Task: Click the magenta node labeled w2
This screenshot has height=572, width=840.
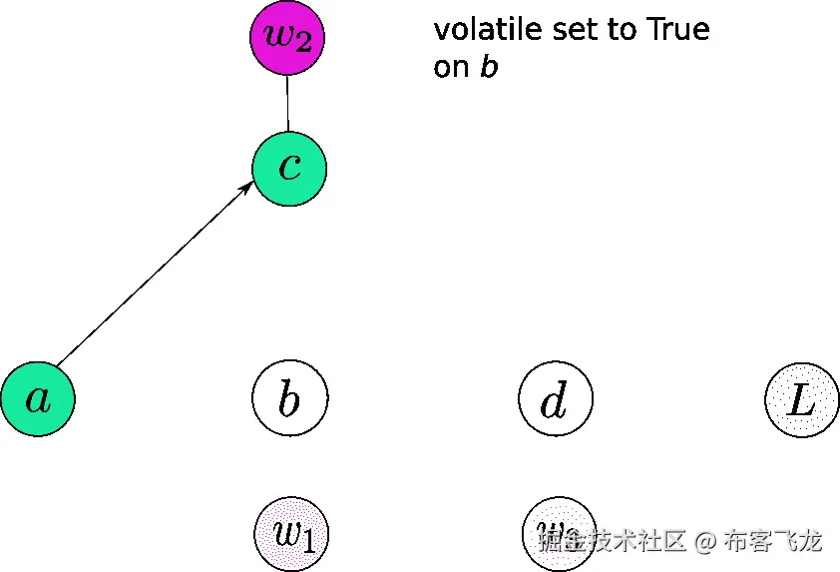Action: point(287,37)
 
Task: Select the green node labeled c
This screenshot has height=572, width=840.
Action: point(289,168)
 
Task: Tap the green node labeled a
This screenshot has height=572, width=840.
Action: point(38,399)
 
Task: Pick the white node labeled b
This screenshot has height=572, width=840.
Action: point(289,399)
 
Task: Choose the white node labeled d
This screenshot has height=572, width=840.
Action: point(556,399)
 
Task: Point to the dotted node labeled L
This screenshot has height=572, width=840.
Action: point(802,401)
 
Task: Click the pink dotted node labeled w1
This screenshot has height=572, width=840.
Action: point(290,534)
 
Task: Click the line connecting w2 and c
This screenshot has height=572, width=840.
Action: point(287,103)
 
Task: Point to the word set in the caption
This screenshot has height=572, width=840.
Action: point(575,30)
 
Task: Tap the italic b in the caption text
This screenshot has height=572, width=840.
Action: point(489,68)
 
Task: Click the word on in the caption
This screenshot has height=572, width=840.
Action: point(452,69)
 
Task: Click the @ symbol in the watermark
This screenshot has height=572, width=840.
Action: point(705,542)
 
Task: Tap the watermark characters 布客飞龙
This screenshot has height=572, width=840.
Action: point(773,542)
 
